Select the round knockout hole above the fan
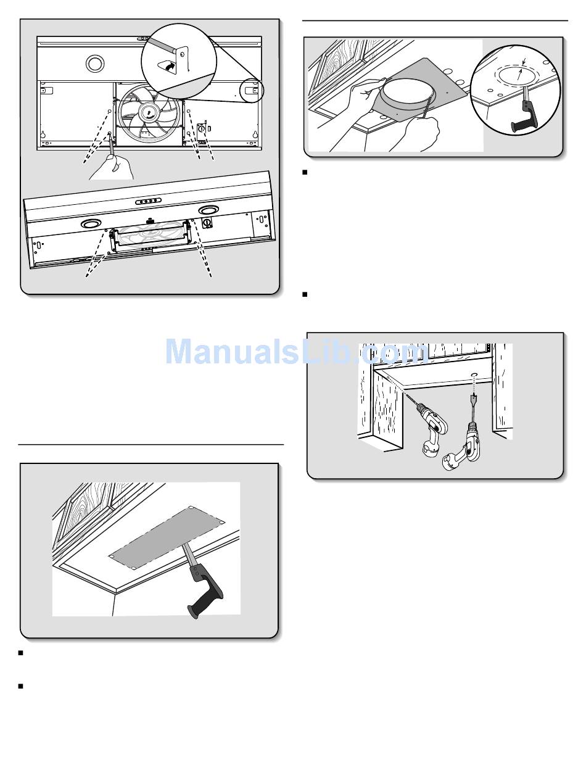coord(95,64)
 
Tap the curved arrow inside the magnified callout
coord(168,66)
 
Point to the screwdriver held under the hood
coord(112,143)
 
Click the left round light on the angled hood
coord(91,223)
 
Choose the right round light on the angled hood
coord(208,210)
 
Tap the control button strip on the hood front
coord(148,201)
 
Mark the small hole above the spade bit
coord(474,375)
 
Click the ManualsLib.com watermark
coord(297,351)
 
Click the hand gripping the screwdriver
coord(112,167)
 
